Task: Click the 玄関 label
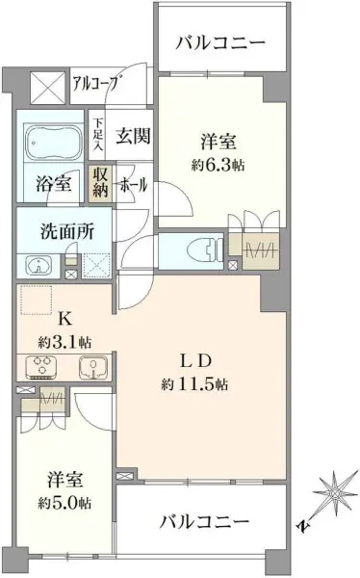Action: point(131,136)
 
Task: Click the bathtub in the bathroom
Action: point(53,143)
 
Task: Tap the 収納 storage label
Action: point(101,183)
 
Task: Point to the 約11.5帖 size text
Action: point(194,384)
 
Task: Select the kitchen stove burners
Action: point(41,366)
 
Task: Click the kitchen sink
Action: point(91,366)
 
